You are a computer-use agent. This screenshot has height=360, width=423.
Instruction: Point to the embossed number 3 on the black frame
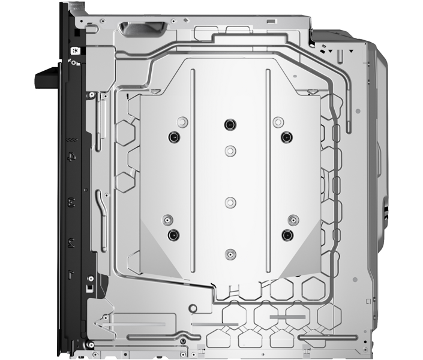(x=72, y=200)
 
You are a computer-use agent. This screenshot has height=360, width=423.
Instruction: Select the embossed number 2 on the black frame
(x=72, y=242)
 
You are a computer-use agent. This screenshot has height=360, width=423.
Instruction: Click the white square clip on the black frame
(x=74, y=51)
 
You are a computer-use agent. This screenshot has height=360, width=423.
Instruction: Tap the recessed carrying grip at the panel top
(x=144, y=29)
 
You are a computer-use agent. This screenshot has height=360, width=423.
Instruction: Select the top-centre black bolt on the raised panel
(x=229, y=124)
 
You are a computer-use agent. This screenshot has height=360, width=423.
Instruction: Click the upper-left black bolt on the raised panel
(x=173, y=137)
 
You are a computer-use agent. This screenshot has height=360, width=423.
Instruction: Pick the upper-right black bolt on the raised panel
(x=286, y=137)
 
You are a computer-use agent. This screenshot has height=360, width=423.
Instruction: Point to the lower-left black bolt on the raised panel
(x=173, y=234)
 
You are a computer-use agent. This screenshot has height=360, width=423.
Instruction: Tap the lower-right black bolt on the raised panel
(x=287, y=234)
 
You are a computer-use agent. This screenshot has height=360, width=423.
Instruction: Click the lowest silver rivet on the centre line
(x=229, y=254)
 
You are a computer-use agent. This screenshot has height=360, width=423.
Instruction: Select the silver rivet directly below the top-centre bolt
(x=229, y=149)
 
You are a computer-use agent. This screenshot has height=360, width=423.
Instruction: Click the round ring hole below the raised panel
(x=192, y=309)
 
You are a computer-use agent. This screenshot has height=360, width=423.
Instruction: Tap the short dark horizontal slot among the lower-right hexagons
(x=287, y=316)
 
